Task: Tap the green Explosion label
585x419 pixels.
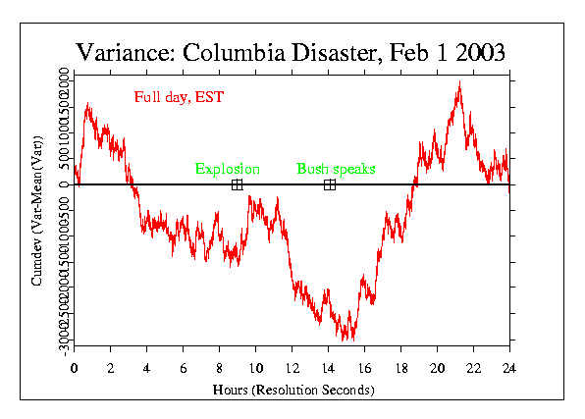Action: pos(227,170)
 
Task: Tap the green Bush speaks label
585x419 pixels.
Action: pos(336,170)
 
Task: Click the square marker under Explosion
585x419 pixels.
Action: pos(237,184)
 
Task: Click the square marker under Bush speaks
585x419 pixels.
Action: pos(330,184)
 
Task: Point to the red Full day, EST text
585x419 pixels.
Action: pos(174,96)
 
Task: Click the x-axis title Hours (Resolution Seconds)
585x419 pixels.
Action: pos(292,390)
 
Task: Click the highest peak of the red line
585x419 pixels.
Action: pos(458,82)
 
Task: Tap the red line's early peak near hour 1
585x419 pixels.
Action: pos(88,104)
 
